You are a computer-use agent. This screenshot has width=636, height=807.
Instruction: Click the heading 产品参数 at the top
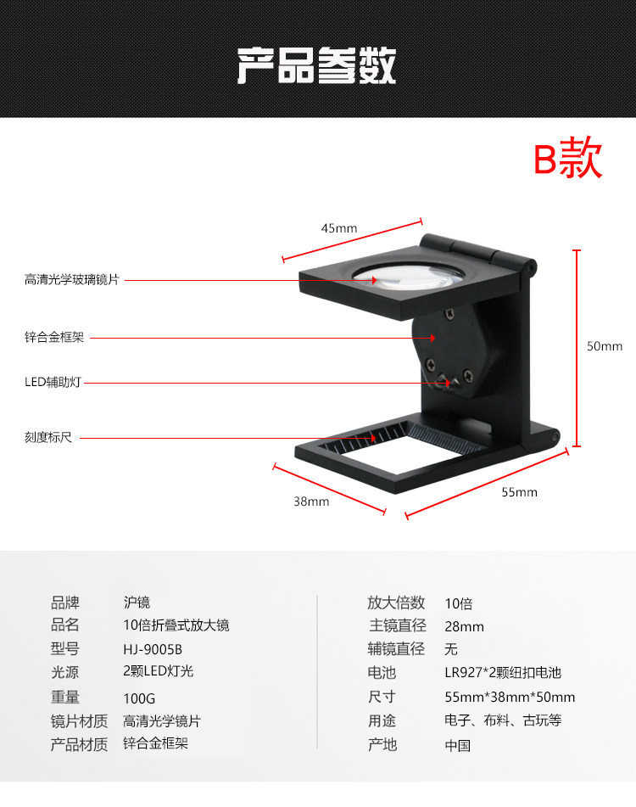pos(316,66)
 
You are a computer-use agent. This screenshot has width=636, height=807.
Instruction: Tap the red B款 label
pos(567,158)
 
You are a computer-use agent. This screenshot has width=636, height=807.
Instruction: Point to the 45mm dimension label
pos(339,228)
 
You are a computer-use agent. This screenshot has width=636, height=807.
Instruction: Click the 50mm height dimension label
pos(605,346)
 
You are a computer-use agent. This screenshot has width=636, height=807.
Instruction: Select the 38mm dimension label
pos(311,502)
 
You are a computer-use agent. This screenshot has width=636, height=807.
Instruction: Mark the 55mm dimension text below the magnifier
pos(519,492)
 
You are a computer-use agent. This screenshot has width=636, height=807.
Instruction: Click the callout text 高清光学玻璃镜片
pos(72,279)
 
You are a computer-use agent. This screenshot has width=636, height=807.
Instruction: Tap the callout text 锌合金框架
pos(54,338)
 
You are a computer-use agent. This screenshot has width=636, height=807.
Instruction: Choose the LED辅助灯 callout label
pos(53,382)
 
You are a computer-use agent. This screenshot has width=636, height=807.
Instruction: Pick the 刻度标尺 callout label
pos(48,438)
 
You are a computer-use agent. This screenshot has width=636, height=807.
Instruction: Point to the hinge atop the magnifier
pos(478,249)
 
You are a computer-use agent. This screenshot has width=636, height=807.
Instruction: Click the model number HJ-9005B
pos(153,649)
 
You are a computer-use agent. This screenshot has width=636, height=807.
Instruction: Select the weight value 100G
pos(139,698)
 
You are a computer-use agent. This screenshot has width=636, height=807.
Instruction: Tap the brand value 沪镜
pos(137,602)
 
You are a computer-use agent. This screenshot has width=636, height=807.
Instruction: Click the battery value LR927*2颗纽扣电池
pos(503,673)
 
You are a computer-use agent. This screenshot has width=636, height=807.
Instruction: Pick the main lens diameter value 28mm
pos(464,627)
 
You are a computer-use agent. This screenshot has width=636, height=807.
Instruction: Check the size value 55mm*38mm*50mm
pos(510,698)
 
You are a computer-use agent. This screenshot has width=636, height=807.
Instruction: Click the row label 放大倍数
pos(395,602)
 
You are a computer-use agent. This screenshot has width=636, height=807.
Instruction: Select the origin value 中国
pos(457,746)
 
